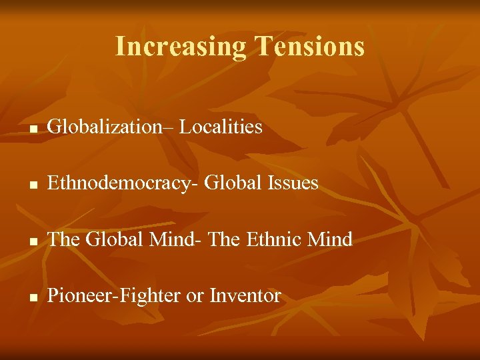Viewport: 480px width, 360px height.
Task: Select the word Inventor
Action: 245,295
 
